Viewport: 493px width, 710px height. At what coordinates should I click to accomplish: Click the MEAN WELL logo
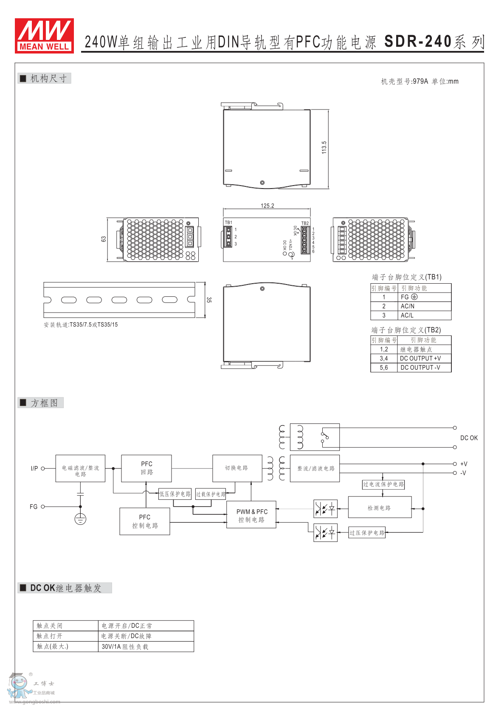(44, 36)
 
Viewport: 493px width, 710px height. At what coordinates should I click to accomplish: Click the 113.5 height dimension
(324, 147)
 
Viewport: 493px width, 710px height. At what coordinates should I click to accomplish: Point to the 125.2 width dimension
(267, 206)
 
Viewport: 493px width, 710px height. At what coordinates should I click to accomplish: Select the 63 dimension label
(104, 239)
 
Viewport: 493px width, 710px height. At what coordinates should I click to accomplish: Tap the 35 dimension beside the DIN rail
(209, 300)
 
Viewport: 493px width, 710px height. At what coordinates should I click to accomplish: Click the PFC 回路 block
(146, 468)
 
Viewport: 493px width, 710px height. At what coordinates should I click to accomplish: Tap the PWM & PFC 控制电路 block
(251, 516)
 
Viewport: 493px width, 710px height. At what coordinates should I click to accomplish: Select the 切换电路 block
(237, 468)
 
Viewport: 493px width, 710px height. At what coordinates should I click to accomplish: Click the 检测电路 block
(380, 507)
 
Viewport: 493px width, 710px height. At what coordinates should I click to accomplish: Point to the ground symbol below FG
(80, 519)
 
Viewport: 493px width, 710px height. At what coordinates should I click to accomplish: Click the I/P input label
(34, 468)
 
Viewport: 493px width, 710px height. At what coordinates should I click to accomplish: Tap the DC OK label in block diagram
(469, 438)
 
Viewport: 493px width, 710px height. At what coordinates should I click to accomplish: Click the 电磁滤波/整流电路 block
(80, 468)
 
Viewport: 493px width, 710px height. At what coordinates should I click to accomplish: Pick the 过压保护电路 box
(367, 533)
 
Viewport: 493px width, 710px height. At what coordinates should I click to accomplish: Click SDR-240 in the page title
(418, 42)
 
